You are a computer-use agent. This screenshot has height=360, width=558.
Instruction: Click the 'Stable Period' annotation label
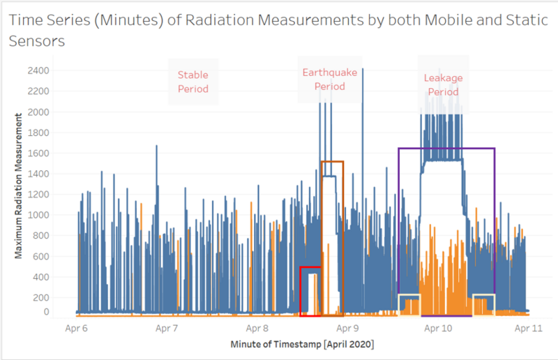(x=193, y=82)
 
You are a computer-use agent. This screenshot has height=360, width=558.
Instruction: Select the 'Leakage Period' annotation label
(x=443, y=84)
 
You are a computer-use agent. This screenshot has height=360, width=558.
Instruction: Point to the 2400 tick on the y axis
(x=38, y=70)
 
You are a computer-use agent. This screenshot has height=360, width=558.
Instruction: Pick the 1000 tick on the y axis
(x=38, y=215)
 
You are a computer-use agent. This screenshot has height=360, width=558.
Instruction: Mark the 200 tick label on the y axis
(x=41, y=297)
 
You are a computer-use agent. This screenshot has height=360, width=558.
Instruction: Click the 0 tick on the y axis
(x=46, y=312)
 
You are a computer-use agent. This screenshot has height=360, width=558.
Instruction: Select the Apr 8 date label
(x=258, y=327)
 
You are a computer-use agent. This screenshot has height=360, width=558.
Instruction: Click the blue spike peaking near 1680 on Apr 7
(x=156, y=146)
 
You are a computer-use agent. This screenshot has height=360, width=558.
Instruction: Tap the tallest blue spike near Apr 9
(x=363, y=70)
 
